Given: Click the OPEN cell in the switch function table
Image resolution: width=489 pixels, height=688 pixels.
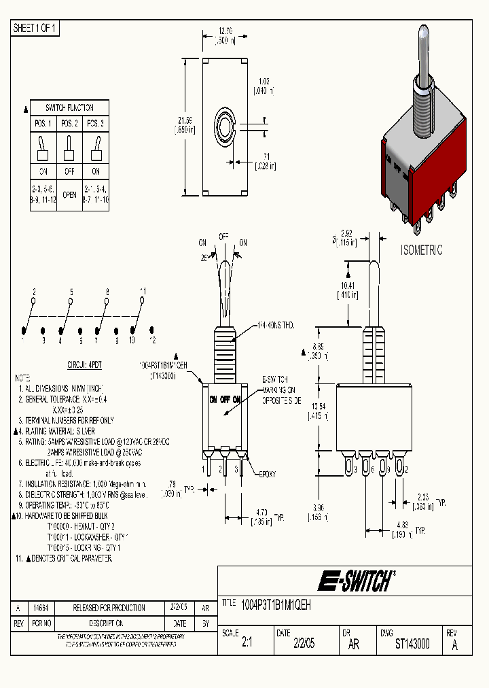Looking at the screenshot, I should coord(69,193).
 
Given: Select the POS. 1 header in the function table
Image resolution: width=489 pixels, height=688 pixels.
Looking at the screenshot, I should coord(43,124).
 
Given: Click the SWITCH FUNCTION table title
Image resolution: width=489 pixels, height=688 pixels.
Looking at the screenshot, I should coord(69,107).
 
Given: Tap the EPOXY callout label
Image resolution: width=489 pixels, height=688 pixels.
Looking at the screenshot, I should coord(266,474).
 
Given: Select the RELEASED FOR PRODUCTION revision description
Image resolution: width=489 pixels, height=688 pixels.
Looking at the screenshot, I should coord(109,608).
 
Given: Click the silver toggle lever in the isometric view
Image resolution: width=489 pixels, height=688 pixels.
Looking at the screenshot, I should coord(423,54).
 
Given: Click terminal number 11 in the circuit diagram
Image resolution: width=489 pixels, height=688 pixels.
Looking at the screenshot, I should coord(143,291).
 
